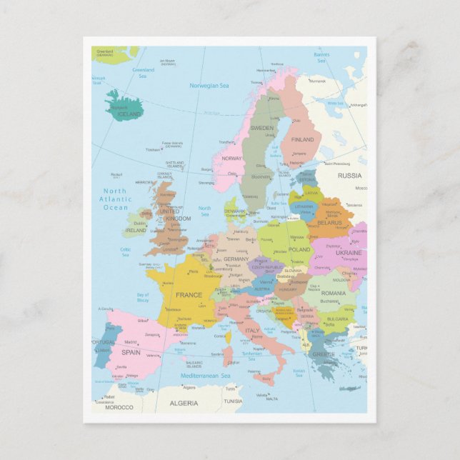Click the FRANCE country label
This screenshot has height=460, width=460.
(x=189, y=295)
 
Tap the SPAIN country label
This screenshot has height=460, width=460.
(x=131, y=352)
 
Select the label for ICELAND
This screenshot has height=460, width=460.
(x=130, y=114)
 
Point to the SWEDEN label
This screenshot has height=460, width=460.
(x=261, y=128)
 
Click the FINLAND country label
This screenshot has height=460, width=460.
(x=302, y=140)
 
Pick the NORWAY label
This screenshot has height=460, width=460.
(x=231, y=159)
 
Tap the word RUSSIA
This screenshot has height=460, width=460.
(x=350, y=176)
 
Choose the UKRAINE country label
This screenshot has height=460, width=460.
(x=349, y=253)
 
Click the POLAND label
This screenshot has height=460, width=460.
(x=299, y=250)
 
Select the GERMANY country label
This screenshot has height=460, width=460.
(x=236, y=259)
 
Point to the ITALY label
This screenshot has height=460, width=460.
(x=253, y=331)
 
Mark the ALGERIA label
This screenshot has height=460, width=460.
(x=184, y=404)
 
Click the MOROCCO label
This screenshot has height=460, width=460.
(x=119, y=407)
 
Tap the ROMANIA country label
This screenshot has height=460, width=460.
(x=333, y=293)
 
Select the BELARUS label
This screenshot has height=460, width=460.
(x=330, y=223)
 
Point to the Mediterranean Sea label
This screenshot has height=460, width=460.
(x=205, y=376)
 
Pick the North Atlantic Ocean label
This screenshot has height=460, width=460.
(x=114, y=199)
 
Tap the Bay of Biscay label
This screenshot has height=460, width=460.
(x=143, y=297)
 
